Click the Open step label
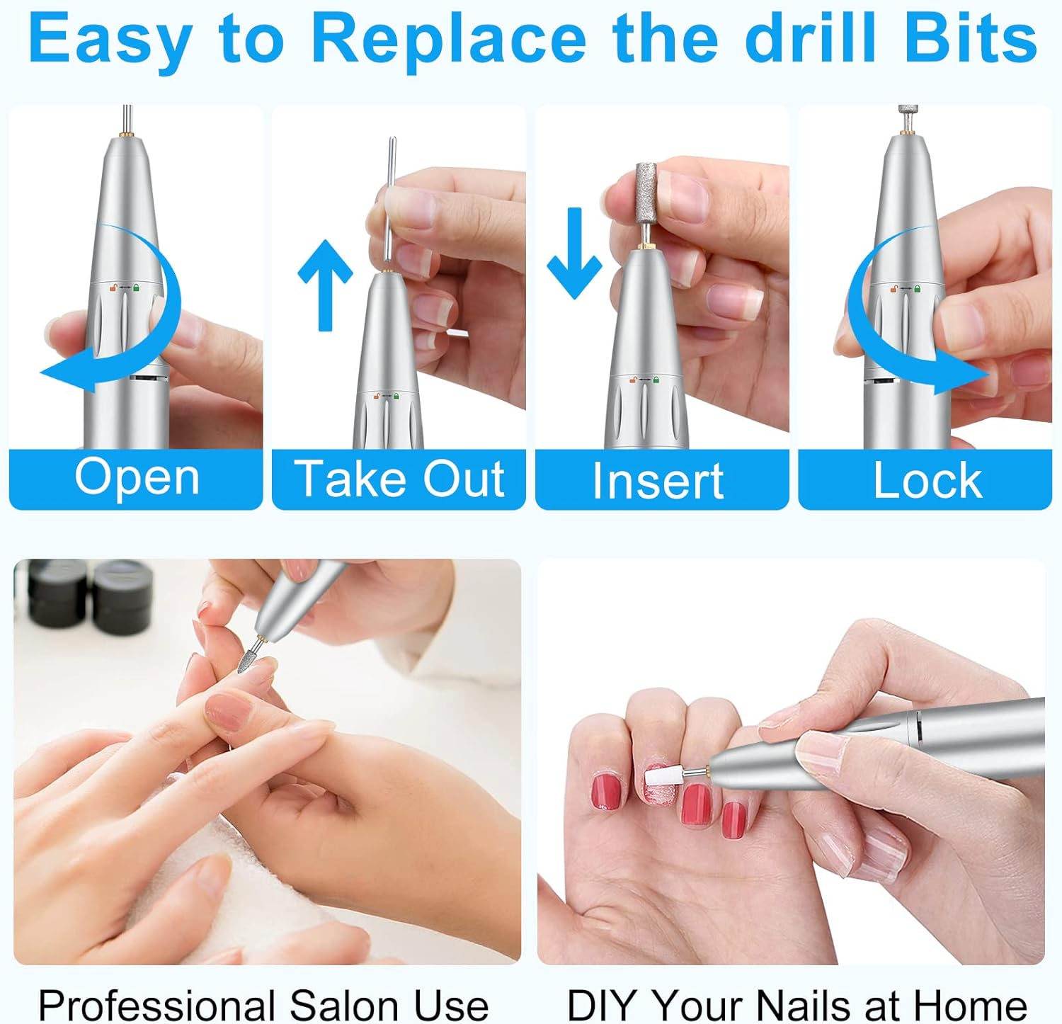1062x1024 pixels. pyautogui.click(x=137, y=477)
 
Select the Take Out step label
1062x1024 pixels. pyautogui.click(x=399, y=479)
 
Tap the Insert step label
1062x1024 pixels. pyautogui.click(x=658, y=481)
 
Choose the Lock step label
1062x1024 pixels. pyautogui.click(x=927, y=481)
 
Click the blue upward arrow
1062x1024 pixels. pyautogui.click(x=325, y=283)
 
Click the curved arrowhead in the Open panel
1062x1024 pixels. pyautogui.click(x=60, y=373)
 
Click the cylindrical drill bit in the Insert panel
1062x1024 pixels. pyautogui.click(x=646, y=191)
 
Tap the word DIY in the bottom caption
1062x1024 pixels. pyautogui.click(x=603, y=1005)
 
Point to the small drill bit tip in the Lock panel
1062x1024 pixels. pyautogui.click(x=906, y=113)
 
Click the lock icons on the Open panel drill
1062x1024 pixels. pyautogui.click(x=124, y=288)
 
